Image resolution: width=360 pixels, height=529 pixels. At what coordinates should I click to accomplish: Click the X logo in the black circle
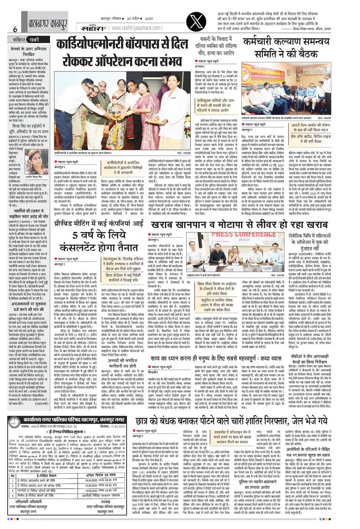[191, 18]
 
